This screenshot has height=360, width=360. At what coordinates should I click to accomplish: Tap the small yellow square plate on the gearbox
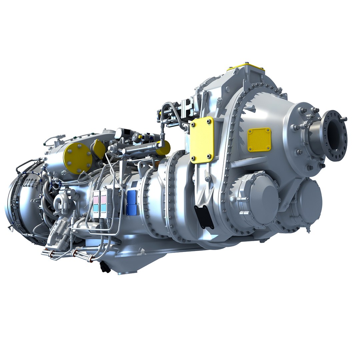(x=259, y=140)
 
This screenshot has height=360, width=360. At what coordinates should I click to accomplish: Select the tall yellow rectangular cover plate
(x=202, y=140)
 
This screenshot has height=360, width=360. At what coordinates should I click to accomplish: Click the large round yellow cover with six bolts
(x=78, y=158)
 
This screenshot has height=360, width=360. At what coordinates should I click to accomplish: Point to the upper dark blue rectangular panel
(x=132, y=197)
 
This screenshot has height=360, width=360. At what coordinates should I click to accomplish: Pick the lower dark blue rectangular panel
(x=131, y=209)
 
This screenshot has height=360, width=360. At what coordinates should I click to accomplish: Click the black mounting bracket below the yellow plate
(x=204, y=217)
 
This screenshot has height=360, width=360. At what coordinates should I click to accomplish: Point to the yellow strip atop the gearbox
(x=245, y=69)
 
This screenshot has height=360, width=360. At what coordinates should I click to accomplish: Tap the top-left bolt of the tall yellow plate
(x=193, y=124)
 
